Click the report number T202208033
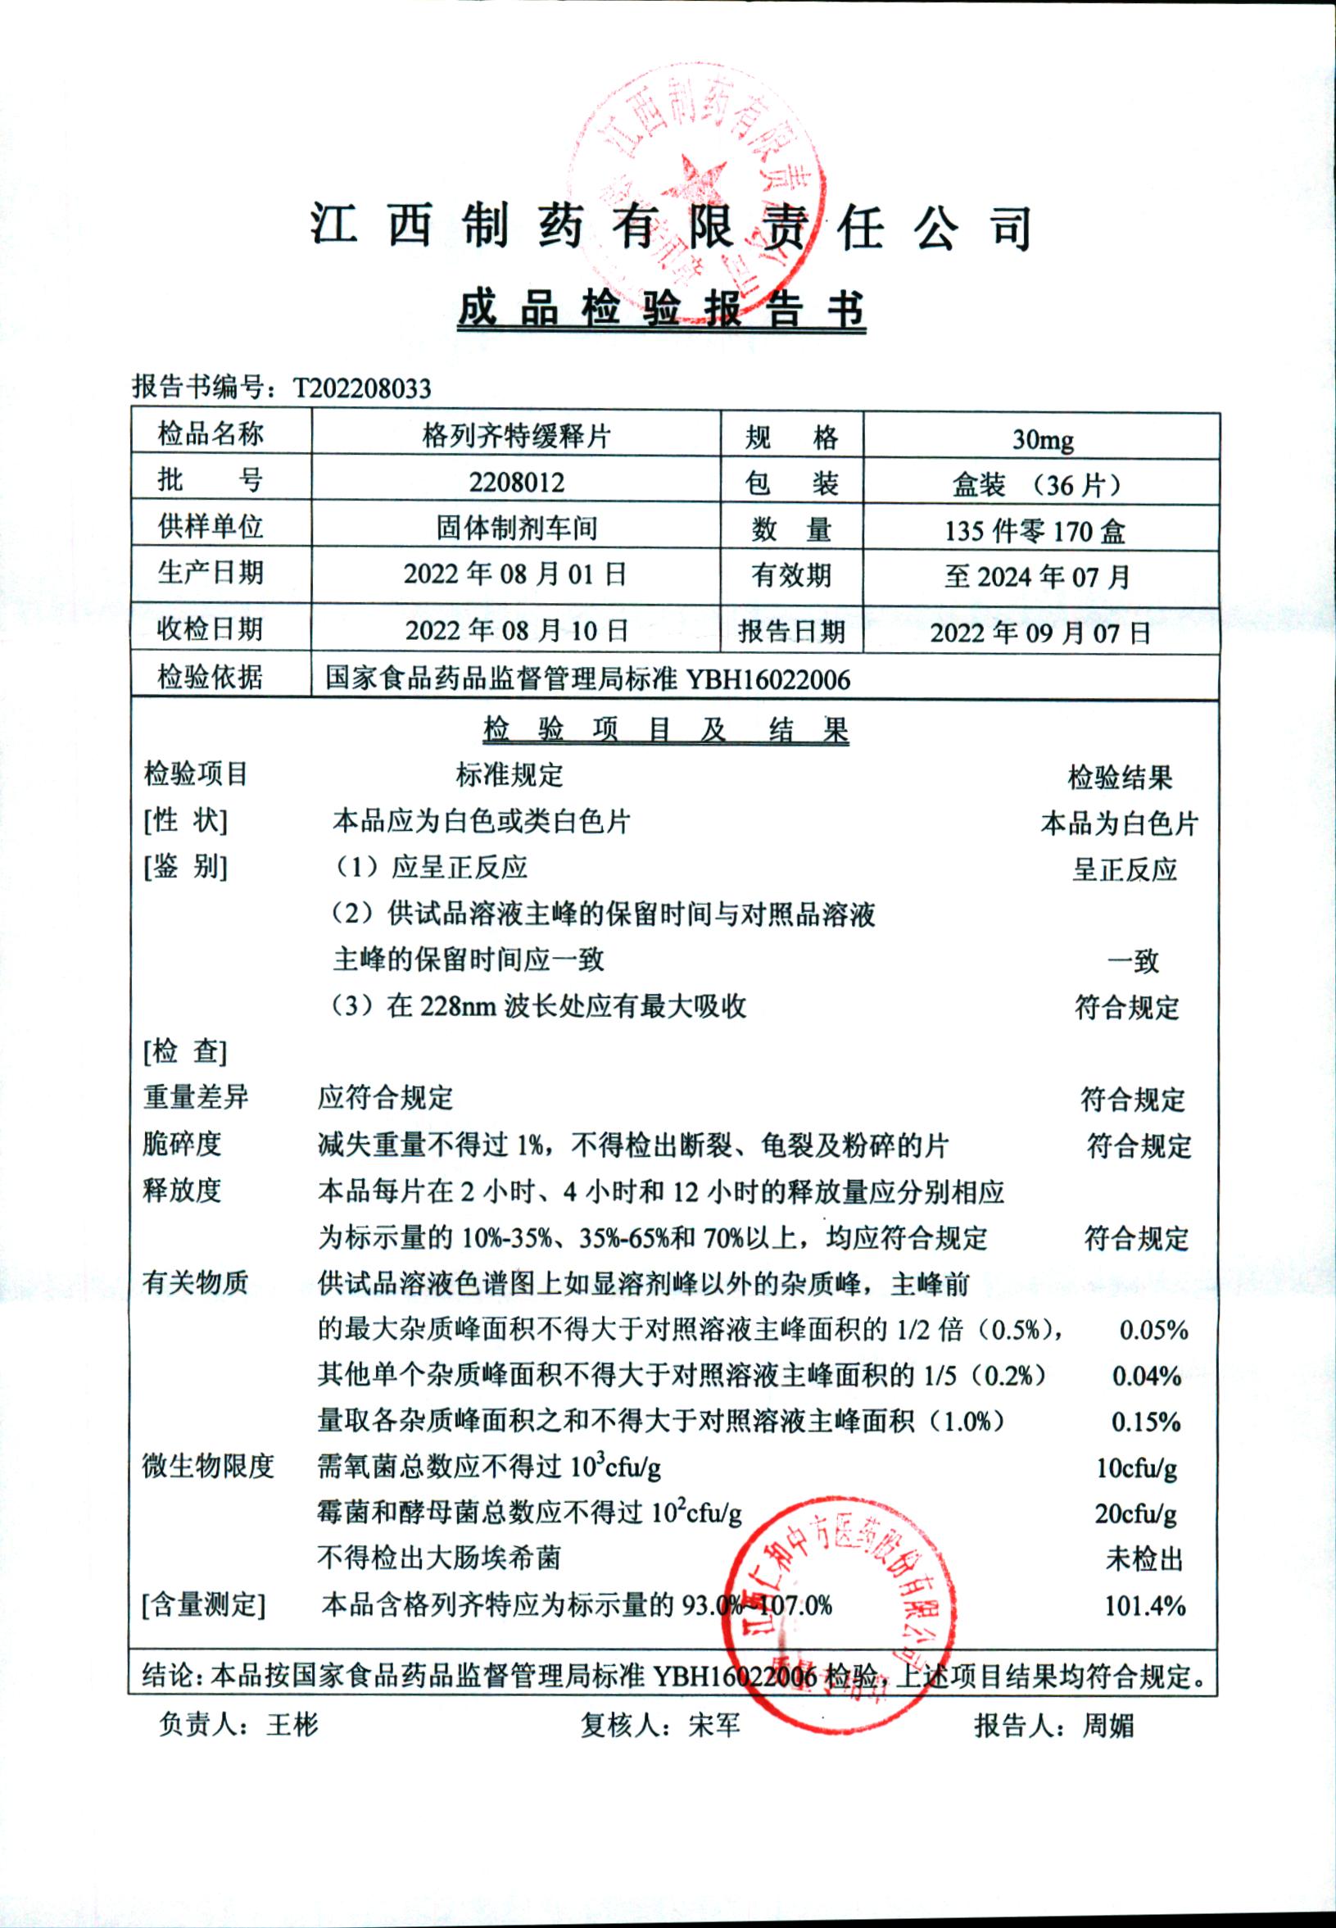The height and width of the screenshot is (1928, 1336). (361, 388)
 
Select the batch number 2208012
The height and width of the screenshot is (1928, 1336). (517, 483)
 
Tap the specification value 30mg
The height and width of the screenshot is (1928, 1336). (1042, 438)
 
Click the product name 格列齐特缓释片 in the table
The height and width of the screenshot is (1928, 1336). (517, 436)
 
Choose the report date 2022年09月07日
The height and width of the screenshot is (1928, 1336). (1040, 632)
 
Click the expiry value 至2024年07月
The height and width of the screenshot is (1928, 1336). (1037, 576)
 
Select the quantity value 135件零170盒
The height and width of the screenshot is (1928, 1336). (1035, 531)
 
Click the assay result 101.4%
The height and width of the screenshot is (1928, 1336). (1145, 1606)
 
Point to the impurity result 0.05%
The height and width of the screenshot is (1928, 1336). (1153, 1330)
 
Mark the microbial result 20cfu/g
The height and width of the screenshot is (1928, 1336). (1135, 1513)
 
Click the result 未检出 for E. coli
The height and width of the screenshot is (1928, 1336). (1144, 1558)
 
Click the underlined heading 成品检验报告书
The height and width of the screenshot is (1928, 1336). (661, 310)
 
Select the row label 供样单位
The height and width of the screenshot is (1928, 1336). (211, 527)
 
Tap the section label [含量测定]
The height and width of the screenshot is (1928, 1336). (203, 1605)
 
